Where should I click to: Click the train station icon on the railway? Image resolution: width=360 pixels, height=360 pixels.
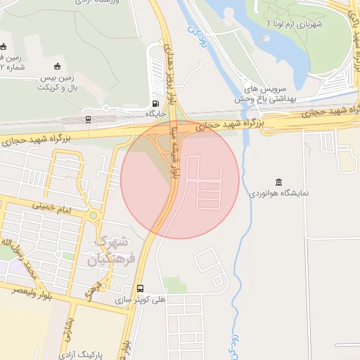88,119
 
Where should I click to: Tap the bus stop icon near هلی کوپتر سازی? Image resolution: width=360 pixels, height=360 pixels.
141,288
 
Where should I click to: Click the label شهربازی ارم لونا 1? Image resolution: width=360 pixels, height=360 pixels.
293,24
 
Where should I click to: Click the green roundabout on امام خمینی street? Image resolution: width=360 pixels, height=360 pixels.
93,215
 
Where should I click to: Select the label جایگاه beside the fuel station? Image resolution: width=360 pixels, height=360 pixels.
155,113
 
